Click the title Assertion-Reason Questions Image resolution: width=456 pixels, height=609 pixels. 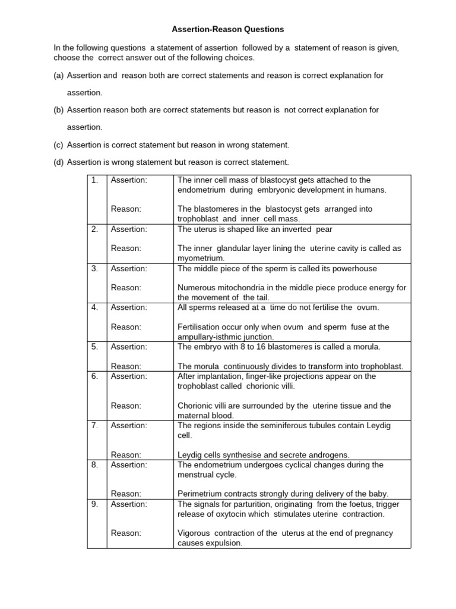tap(228, 29)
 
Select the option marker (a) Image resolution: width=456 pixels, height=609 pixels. tap(59, 76)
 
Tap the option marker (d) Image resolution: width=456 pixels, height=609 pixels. tap(59, 162)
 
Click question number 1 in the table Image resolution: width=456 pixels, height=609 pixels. tap(94, 180)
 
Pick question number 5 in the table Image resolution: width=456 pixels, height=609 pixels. tap(94, 347)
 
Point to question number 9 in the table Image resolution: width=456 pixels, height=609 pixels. tap(94, 504)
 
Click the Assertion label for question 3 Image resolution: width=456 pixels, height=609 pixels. tap(129, 268)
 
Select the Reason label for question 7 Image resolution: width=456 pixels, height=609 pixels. tap(126, 454)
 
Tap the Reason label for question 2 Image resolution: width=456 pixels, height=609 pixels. tap(126, 248)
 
